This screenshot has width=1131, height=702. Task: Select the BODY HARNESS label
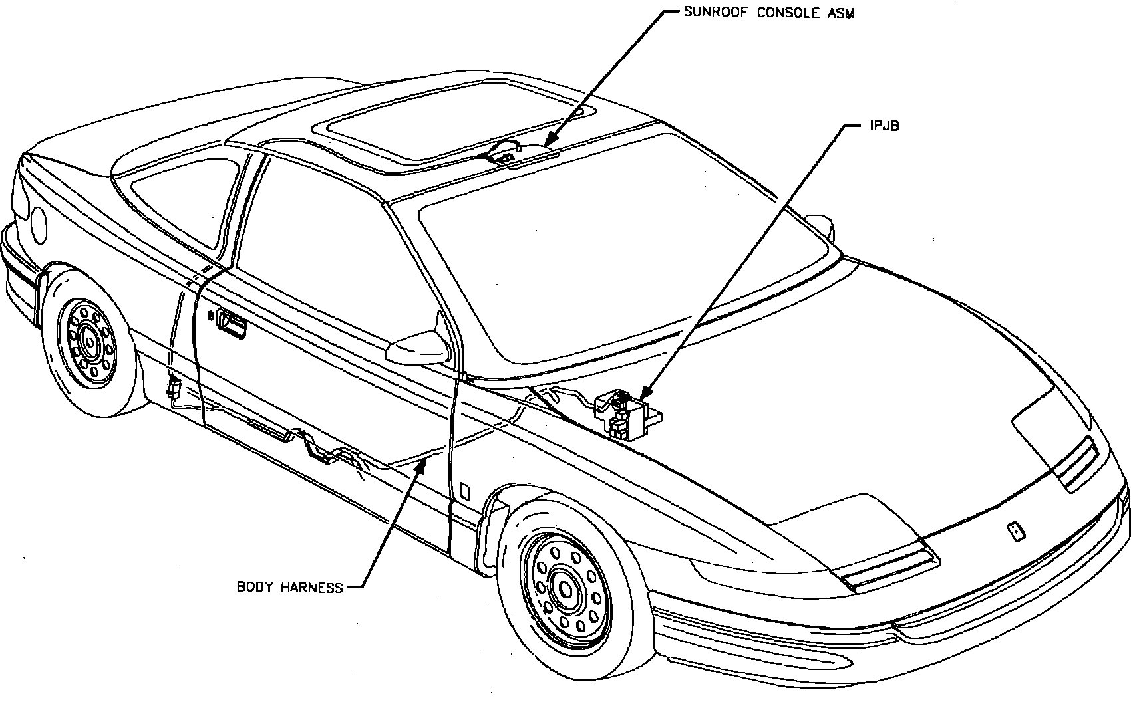[x=290, y=588]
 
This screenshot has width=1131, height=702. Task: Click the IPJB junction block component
[x=625, y=415]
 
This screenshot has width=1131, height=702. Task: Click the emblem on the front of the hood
[x=1016, y=532]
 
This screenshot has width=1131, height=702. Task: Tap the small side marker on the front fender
[x=464, y=491]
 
